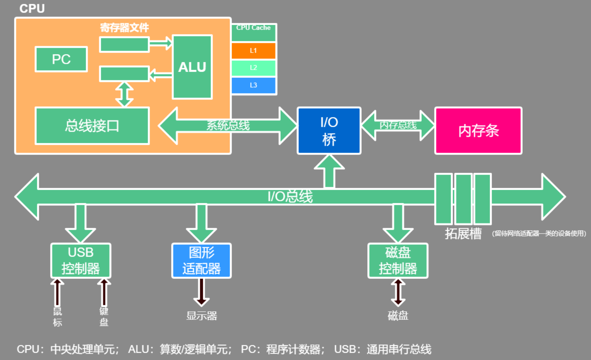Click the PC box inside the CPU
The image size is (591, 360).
[61, 59]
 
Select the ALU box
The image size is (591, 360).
[192, 67]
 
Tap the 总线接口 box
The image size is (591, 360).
[92, 126]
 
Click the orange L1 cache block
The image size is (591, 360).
[253, 51]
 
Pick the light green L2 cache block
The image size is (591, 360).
[253, 68]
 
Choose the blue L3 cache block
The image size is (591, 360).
[253, 85]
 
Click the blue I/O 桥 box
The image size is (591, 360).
[329, 131]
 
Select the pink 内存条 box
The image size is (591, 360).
[478, 131]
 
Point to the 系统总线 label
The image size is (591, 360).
[228, 125]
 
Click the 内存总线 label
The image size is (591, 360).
[398, 125]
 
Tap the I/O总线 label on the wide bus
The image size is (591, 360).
[290, 196]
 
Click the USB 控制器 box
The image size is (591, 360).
[81, 261]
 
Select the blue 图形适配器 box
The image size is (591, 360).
[201, 261]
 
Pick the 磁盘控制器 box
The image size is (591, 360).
[398, 261]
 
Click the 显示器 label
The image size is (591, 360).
[201, 316]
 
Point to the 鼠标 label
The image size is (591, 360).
[57, 317]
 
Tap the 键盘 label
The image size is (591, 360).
[104, 317]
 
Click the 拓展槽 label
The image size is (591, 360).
[463, 233]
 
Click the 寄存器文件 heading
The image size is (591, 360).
[124, 27]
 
